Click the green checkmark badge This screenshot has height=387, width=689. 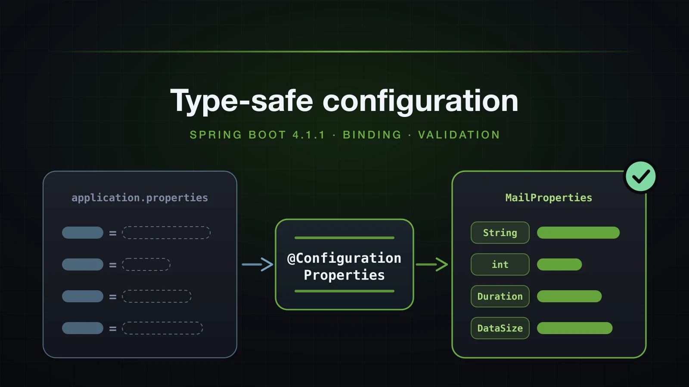(x=641, y=177)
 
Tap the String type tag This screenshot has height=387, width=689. (x=500, y=233)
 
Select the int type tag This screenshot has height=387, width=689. (x=500, y=264)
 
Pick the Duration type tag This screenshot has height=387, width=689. (x=500, y=296)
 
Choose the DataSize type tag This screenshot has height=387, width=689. (x=500, y=328)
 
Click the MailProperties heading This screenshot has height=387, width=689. (x=549, y=198)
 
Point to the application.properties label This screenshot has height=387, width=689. (x=140, y=198)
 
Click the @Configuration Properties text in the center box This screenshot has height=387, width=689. (x=344, y=267)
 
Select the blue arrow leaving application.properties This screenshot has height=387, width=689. (x=258, y=264)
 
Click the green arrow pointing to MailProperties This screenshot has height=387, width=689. (x=432, y=264)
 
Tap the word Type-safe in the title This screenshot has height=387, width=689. (x=242, y=101)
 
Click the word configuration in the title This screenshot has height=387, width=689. (x=420, y=101)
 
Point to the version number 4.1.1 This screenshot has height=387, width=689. (x=308, y=135)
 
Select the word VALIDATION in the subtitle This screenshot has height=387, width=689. (x=459, y=135)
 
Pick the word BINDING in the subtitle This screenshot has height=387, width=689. (x=372, y=135)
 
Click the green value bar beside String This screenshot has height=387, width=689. (x=578, y=233)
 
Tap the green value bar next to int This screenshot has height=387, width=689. (x=559, y=264)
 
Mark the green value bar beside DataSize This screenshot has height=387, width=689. (x=574, y=328)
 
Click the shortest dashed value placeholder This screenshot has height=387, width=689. (x=146, y=264)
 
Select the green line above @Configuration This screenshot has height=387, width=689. (x=344, y=238)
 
